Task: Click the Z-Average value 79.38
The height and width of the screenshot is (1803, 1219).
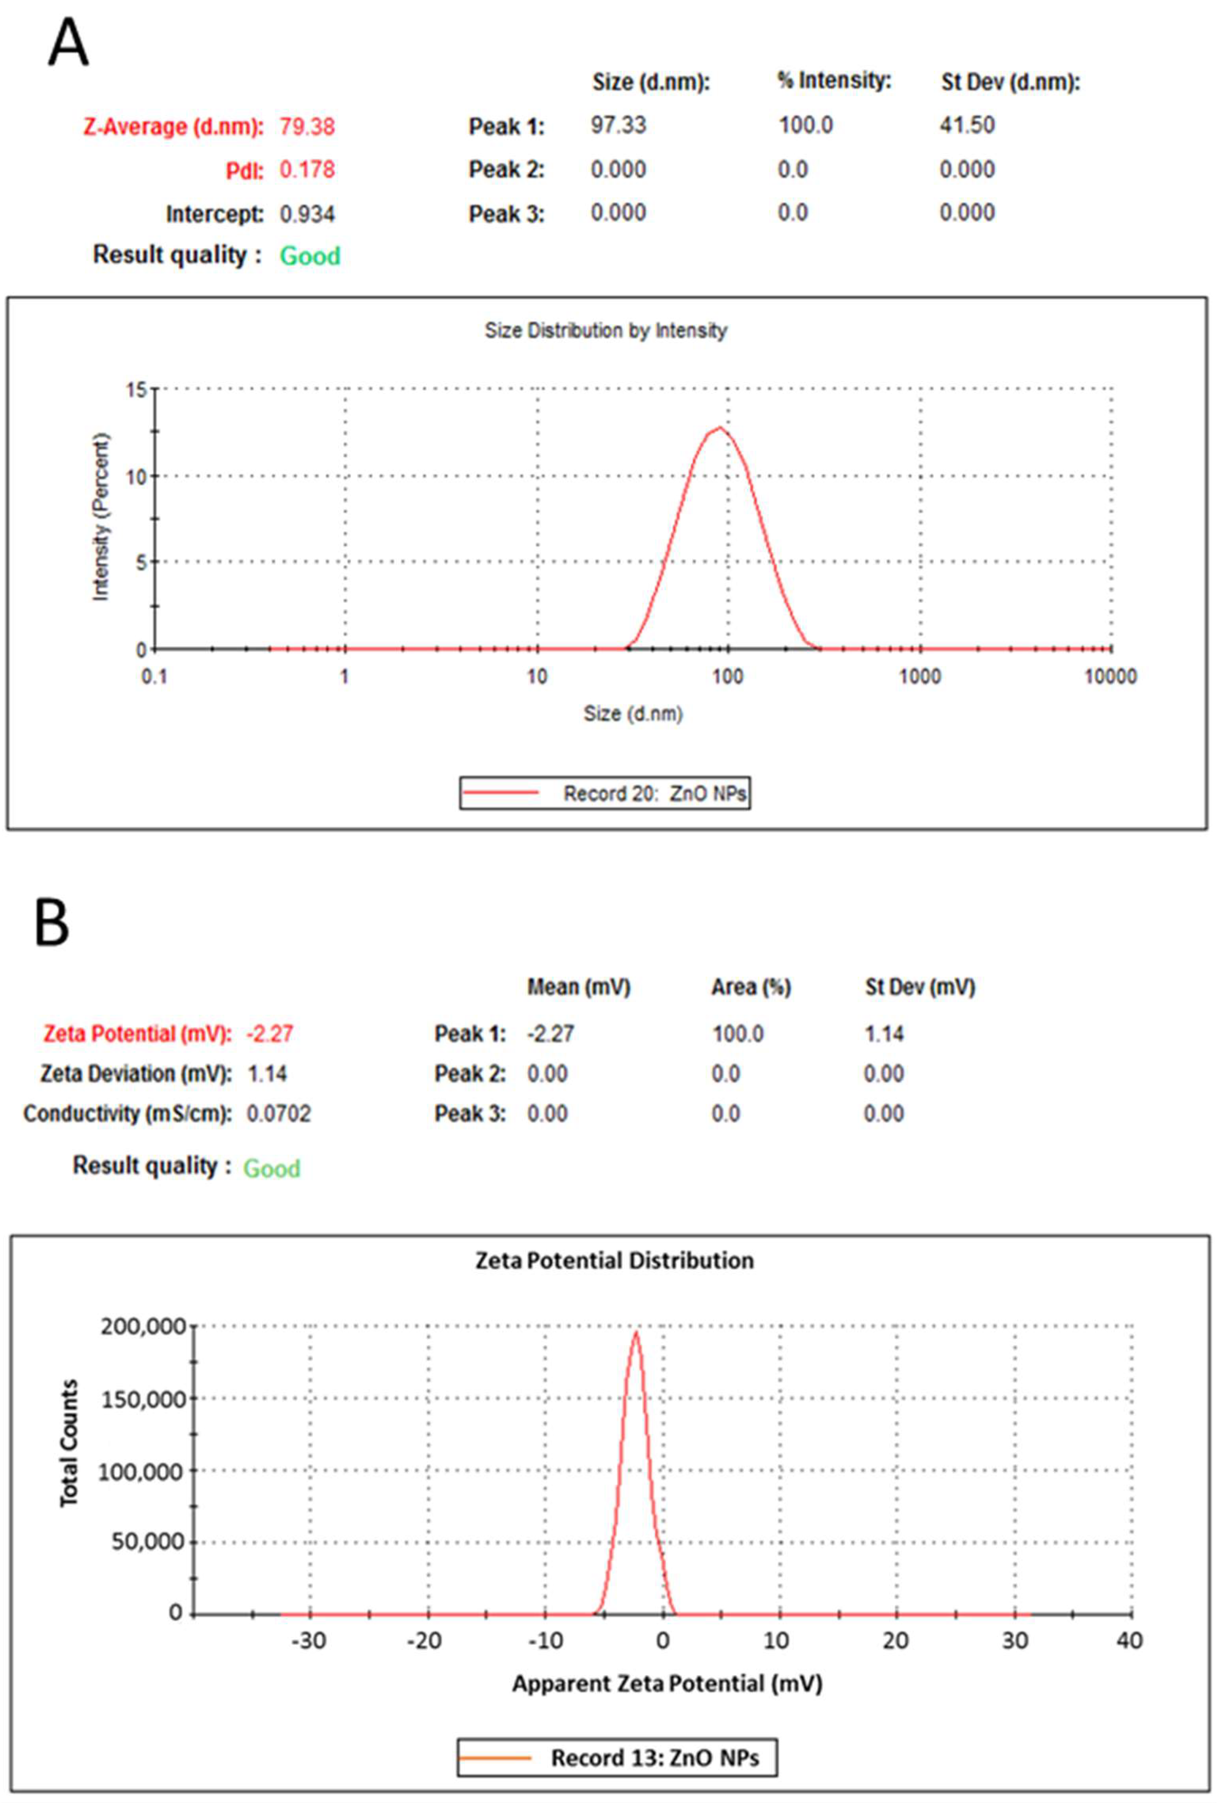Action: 307,126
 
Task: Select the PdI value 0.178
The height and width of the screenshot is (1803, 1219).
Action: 307,169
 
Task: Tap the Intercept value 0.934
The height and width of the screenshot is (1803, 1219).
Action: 307,214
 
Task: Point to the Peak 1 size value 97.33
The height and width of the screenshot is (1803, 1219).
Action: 618,125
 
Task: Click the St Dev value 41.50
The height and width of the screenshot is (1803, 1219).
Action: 967,125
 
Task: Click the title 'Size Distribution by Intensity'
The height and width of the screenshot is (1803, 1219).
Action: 606,330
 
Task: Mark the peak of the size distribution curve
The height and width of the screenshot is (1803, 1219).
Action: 721,427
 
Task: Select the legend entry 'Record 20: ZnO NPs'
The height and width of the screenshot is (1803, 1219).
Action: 605,793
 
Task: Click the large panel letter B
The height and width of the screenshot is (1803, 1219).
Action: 52,923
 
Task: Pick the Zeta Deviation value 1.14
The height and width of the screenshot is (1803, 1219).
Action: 267,1074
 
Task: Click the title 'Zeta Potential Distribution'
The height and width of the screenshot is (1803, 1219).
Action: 614,1261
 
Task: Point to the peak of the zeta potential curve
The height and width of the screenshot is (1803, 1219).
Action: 636,1333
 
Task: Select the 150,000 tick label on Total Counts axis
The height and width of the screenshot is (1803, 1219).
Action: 143,1399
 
